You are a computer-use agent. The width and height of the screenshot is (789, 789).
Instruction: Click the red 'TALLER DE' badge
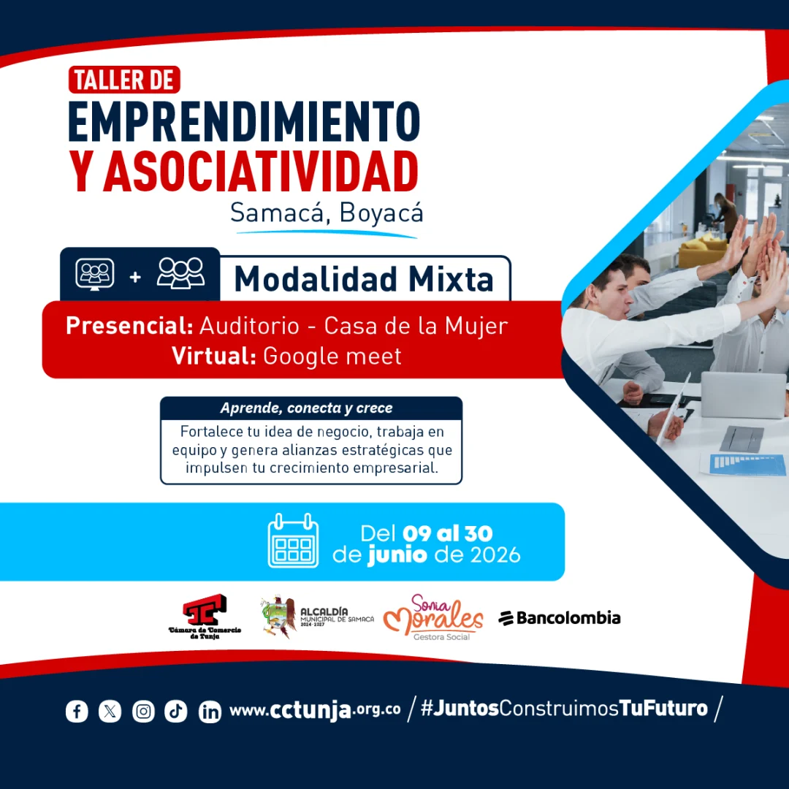(x=124, y=80)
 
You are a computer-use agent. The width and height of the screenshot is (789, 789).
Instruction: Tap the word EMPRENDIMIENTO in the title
(x=244, y=121)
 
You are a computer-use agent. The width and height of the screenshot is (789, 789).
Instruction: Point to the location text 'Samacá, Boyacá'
(x=327, y=213)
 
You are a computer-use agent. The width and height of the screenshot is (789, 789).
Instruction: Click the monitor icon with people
(x=94, y=274)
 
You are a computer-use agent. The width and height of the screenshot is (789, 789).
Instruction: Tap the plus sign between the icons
(x=135, y=277)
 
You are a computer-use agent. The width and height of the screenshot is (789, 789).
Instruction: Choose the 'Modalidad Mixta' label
(x=364, y=279)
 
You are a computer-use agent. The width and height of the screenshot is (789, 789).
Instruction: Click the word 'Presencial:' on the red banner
(x=129, y=326)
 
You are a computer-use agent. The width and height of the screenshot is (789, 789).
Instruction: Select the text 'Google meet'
(x=332, y=356)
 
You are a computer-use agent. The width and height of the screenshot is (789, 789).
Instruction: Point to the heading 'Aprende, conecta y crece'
(x=306, y=408)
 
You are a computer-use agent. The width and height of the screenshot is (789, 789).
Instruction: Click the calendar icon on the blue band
(x=294, y=541)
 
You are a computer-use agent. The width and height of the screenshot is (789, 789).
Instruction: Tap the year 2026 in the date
(x=495, y=555)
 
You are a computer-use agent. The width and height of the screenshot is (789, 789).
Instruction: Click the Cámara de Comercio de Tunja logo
(x=205, y=617)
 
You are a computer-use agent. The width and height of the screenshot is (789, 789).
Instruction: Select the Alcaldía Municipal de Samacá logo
(x=317, y=617)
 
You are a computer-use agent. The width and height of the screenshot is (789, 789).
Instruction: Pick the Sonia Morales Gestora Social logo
(x=433, y=617)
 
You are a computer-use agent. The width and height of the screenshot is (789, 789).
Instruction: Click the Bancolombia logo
(x=560, y=617)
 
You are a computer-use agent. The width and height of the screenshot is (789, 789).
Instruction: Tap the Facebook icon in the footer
(x=77, y=712)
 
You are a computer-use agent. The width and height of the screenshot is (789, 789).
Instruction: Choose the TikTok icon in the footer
(x=175, y=712)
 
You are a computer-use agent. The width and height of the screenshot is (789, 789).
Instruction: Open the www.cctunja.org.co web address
(x=315, y=710)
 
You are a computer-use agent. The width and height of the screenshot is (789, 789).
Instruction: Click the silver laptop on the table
(x=743, y=395)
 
